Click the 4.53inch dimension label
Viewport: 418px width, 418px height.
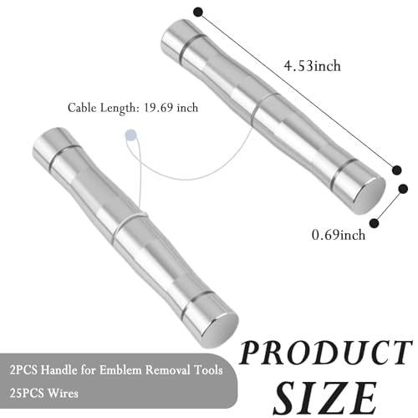coord(312,66)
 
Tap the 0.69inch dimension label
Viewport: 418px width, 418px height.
coord(339,235)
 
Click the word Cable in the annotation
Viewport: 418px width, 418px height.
coord(82,108)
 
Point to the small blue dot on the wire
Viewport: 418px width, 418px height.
coord(130,135)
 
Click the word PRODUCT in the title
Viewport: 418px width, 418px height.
coord(325,353)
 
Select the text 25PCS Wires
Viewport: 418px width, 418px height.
coord(44,393)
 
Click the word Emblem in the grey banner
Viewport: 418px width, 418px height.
coord(121,370)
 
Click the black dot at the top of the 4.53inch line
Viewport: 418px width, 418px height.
coord(198,13)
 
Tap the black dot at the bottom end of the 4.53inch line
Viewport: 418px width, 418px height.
coord(396,170)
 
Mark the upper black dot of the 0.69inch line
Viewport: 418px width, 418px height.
coord(403,189)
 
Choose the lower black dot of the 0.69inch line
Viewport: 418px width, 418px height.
coord(375,223)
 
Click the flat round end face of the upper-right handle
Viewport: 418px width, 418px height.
coord(370,196)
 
